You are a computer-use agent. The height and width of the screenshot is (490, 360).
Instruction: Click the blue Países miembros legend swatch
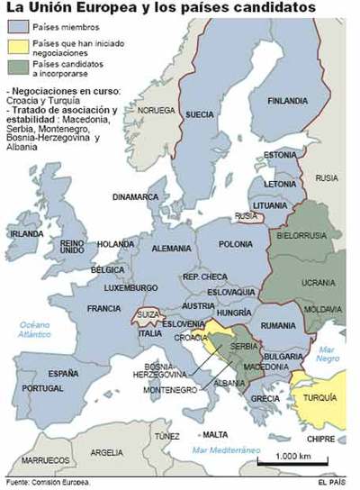[x=18, y=29]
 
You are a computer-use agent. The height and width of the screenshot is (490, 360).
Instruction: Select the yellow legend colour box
[x=18, y=47]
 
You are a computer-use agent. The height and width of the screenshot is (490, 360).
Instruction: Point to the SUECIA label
[x=199, y=115]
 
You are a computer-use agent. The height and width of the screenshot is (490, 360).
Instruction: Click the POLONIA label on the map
[x=236, y=244]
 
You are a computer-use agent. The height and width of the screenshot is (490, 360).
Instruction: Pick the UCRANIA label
[x=318, y=282]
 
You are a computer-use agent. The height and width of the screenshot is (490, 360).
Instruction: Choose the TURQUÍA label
[x=319, y=396]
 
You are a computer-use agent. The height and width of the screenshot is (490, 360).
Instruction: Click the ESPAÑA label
[x=62, y=372]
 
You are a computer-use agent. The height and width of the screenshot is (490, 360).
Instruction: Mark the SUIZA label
[x=148, y=313]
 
